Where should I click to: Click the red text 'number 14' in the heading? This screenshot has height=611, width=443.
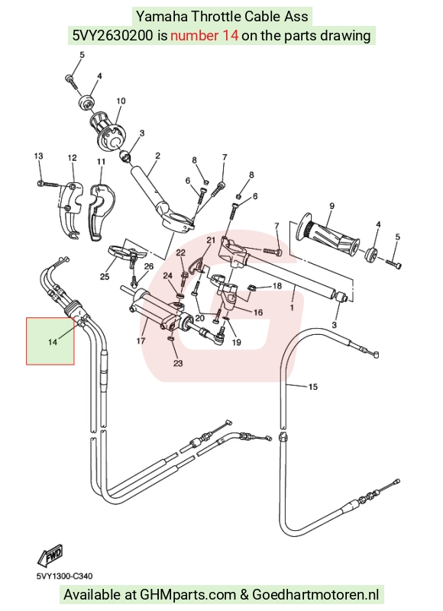coord(204,35)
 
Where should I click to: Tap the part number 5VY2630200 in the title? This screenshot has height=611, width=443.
coord(113,35)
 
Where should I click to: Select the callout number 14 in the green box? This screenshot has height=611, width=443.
coord(53,342)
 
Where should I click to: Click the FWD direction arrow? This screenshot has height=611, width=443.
coord(50,555)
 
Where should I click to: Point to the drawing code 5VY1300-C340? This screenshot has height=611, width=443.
coord(64,576)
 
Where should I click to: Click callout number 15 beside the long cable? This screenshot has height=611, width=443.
coord(313,387)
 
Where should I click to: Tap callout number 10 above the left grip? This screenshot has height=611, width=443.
coord(121,101)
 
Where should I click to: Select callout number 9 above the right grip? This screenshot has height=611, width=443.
coord(331,206)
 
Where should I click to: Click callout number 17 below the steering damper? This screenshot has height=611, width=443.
coord(141,340)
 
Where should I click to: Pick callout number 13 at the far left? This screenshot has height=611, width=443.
coord(38,156)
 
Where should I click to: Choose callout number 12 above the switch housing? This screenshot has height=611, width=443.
coord(73,158)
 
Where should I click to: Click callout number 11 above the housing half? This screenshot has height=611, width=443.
coord(101,161)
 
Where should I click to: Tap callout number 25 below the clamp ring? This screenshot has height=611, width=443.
coord(105,277)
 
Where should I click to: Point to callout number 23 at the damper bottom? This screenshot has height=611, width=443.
coord(178,363)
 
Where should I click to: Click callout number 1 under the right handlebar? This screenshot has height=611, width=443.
coord(292,307)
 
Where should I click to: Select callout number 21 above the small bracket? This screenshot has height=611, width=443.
coord(211,240)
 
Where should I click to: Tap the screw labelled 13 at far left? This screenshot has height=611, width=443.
coord(47,183)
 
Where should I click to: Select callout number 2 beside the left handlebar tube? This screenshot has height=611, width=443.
coord(157,156)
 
